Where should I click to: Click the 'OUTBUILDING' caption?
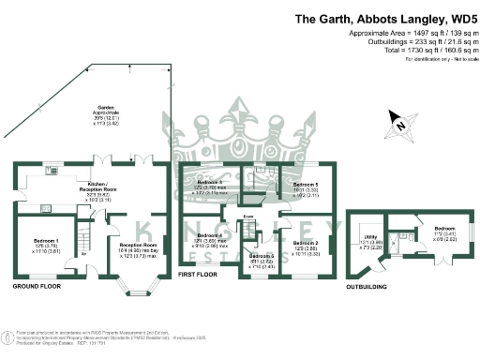pos(368,287)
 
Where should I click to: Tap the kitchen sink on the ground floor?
pos(47,186)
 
